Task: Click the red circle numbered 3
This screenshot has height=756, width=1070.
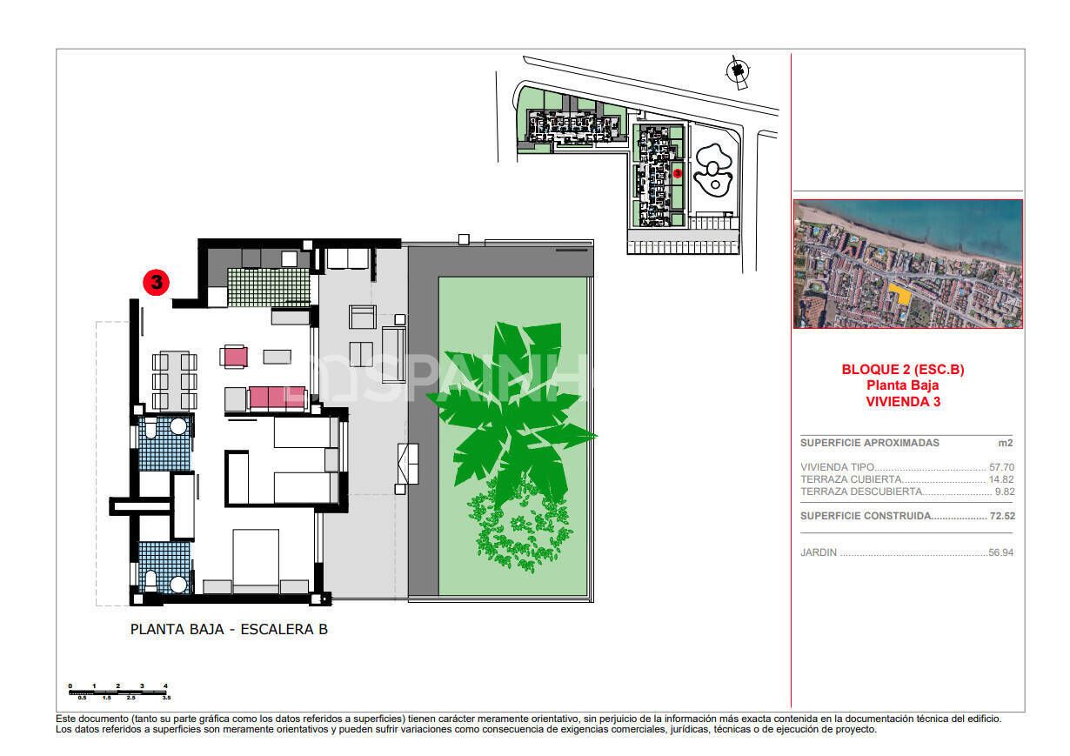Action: click(156, 282)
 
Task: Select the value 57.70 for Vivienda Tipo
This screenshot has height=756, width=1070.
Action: click(1000, 467)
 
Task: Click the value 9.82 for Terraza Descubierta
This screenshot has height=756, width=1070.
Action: click(1003, 492)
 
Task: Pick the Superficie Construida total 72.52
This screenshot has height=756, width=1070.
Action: click(1000, 516)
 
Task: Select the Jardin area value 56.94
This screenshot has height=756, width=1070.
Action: click(1000, 552)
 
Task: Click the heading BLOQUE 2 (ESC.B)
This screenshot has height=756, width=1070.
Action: click(903, 370)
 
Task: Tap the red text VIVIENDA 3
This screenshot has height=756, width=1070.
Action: click(903, 402)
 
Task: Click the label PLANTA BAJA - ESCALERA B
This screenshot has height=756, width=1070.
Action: click(229, 629)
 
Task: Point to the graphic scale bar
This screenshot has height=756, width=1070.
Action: click(118, 692)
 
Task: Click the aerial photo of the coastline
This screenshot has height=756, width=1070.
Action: click(907, 264)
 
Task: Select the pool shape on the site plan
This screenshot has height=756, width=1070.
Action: click(712, 171)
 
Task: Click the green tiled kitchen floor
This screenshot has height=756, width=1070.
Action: click(268, 286)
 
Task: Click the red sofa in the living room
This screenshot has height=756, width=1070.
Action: click(277, 398)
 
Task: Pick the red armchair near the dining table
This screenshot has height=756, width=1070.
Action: click(235, 356)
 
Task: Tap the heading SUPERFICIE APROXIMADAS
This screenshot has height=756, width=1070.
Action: click(869, 443)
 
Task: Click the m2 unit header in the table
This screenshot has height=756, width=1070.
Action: click(1005, 443)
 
